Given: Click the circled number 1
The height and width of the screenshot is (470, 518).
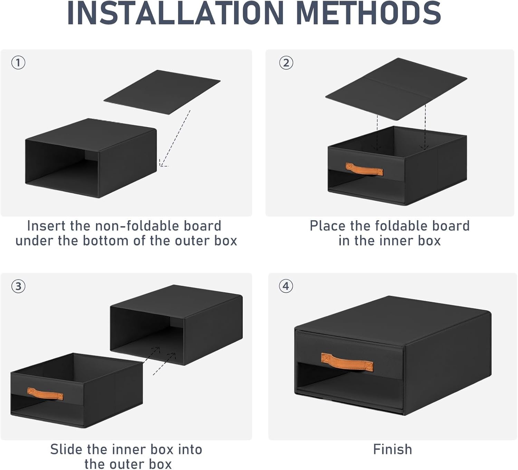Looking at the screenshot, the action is pos(18,63).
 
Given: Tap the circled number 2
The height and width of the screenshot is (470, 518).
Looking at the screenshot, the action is pos(286,63).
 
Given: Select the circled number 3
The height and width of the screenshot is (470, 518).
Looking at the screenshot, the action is pos(18,286).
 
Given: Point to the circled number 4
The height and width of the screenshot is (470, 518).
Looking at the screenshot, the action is pos(286,286).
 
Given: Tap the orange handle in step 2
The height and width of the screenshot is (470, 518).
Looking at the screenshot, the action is pos(364,170).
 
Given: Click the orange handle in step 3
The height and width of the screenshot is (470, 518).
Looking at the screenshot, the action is pos(45,394).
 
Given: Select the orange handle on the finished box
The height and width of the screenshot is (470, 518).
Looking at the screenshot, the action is pos(347,362).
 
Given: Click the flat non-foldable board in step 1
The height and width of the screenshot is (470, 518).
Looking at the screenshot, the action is pos(162,92).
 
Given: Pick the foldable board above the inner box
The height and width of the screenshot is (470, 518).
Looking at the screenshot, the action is pos(396,89).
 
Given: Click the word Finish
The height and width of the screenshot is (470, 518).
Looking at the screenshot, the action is pos(393,449).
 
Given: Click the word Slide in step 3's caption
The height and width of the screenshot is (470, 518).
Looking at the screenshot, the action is pos(66,449).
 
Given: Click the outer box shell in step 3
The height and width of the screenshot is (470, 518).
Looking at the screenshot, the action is pos(176,325).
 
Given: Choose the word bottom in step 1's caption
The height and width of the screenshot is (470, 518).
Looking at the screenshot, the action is pos(106,241).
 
